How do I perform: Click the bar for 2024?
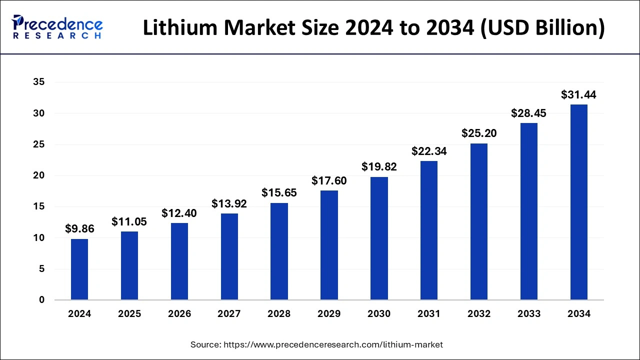coord(79,269)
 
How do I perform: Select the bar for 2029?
coord(329,245)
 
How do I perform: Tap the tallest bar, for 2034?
coord(579,202)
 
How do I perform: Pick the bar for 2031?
coord(429,230)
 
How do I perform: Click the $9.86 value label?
coord(79,228)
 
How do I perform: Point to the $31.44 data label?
coord(579,94)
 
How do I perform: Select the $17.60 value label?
coord(329,180)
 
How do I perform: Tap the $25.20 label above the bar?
coord(479,133)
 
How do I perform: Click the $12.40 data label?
coord(179,213)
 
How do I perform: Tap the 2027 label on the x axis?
coord(229,314)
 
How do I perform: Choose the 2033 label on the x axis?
coord(529,314)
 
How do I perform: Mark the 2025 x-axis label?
coord(129,314)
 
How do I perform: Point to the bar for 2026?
coord(179,261)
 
